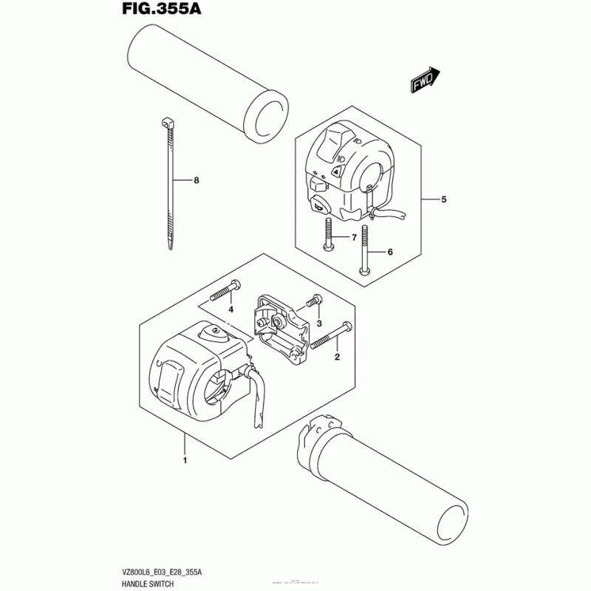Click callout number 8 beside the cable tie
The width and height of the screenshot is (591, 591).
pyautogui.click(x=197, y=180)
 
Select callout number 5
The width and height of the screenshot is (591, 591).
pyautogui.click(x=444, y=199)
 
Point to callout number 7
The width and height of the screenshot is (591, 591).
pyautogui.click(x=354, y=237)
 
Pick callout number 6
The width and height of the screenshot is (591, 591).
pyautogui.click(x=390, y=252)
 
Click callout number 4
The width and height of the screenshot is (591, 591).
pyautogui.click(x=230, y=309)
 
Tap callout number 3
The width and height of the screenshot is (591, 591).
pyautogui.click(x=320, y=324)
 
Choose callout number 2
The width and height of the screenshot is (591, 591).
pyautogui.click(x=337, y=358)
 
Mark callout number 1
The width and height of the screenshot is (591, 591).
pyautogui.click(x=185, y=462)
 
